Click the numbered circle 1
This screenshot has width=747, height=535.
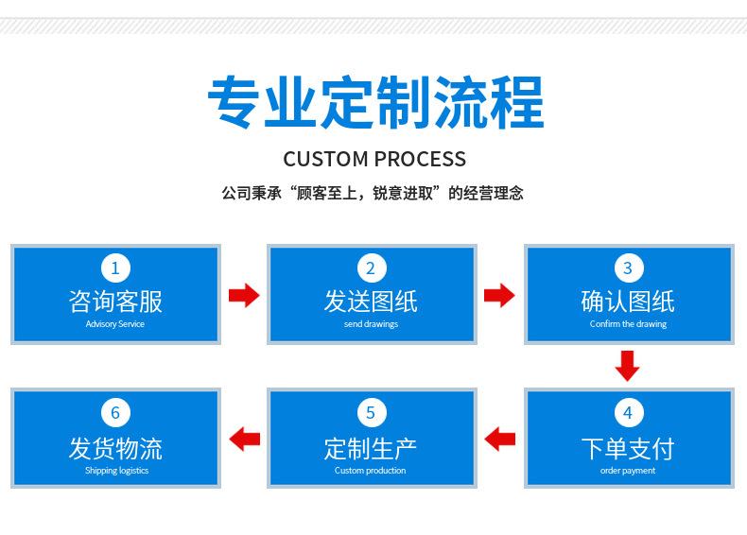point(115,267)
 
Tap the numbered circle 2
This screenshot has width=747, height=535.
point(372,267)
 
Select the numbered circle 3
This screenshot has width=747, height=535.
point(629,267)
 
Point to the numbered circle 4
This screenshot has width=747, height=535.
point(629,412)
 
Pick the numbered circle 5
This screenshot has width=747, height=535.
point(372,412)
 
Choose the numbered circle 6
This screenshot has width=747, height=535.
point(115,412)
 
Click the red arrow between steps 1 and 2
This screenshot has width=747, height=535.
point(244,295)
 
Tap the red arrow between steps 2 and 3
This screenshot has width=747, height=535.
point(499,295)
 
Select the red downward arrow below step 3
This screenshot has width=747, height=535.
point(628,366)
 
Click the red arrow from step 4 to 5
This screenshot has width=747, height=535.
point(500,439)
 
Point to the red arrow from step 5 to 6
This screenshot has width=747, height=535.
point(244,439)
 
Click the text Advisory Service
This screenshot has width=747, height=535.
point(115,324)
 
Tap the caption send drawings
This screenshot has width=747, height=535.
point(371,324)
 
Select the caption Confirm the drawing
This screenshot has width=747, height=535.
point(629,324)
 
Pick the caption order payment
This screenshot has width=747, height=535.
point(628,471)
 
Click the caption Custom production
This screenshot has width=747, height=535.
point(370,470)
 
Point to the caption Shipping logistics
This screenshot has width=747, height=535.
point(116,471)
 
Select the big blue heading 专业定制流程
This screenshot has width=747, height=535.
point(376,102)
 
